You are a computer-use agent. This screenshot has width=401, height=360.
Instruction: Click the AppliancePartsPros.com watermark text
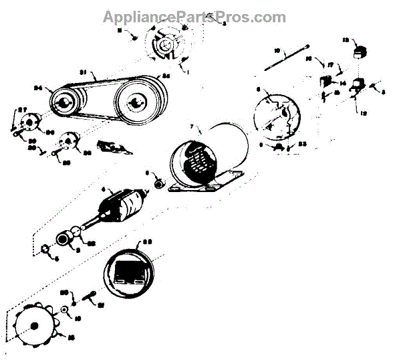coord(194,16)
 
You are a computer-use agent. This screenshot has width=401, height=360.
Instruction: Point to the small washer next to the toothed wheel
coord(67,309)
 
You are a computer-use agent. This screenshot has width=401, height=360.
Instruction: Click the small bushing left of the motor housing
coord(160,183)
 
